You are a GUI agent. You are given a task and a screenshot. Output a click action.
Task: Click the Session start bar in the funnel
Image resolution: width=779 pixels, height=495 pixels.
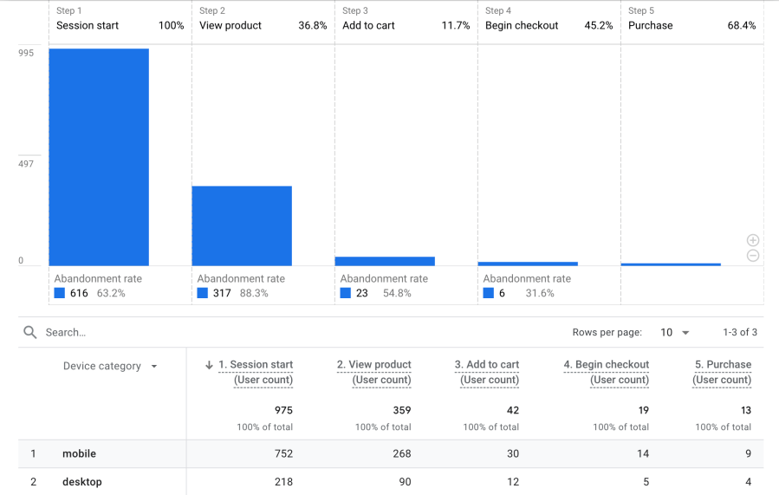99,157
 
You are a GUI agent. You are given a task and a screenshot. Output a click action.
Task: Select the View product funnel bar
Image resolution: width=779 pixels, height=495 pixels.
242,225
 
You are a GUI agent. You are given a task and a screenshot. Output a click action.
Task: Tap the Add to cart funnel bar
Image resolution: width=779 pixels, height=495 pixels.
385,261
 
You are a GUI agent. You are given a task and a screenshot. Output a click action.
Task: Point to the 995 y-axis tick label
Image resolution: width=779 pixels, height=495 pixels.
26,54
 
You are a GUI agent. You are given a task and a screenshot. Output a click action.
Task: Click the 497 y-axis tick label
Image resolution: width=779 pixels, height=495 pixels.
26,164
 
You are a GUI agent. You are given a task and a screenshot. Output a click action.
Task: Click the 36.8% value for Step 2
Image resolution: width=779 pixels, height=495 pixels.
313,26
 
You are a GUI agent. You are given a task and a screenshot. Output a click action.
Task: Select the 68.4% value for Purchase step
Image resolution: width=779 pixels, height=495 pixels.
741,26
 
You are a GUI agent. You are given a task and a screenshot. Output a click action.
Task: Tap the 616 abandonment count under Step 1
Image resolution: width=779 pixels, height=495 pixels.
79,294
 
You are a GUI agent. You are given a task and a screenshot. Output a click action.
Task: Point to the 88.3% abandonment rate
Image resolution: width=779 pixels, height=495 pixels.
254,294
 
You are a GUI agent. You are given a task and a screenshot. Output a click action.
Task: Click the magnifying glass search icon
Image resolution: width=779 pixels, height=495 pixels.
30,332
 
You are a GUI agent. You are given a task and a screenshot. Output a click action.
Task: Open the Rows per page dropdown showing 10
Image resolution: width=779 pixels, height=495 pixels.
674,333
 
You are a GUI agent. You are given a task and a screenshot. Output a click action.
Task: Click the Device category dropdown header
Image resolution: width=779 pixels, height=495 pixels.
110,367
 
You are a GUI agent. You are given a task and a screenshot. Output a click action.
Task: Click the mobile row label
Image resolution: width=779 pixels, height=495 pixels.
79,453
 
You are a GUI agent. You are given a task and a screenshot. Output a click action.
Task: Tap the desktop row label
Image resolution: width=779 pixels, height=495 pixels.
81,482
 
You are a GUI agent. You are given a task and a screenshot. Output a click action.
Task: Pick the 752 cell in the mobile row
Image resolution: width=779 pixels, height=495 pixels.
282,453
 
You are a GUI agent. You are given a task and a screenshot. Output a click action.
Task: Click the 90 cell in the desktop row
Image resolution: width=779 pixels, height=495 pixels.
405,482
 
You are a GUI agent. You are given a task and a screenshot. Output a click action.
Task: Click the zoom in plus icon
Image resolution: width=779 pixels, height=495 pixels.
753,240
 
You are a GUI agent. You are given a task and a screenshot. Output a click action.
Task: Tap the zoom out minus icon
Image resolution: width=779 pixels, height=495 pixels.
753,256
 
